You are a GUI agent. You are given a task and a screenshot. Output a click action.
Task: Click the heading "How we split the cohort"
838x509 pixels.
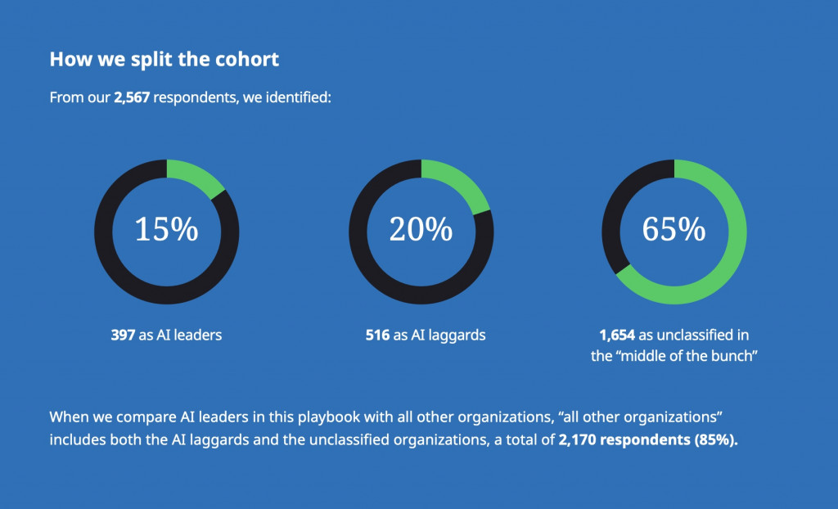164,60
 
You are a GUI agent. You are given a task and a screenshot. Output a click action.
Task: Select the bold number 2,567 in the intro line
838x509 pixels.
131,98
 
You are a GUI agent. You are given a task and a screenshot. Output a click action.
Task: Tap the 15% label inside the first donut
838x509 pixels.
166,230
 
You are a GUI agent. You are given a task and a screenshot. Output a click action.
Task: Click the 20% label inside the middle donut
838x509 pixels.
421,230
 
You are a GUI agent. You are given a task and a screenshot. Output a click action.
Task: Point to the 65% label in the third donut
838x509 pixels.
674,230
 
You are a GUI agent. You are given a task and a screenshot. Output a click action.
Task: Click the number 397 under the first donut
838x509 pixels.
123,335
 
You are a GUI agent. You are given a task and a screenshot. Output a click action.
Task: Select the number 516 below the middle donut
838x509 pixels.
377,335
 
